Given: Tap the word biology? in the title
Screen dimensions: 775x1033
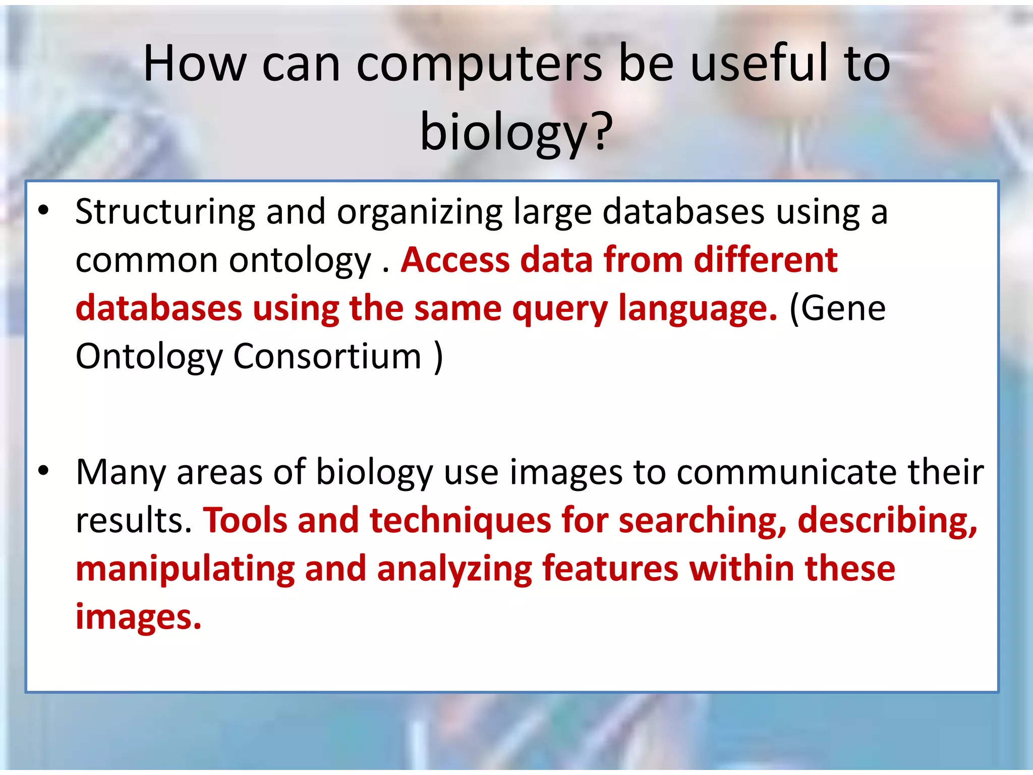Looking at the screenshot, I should point(516,132).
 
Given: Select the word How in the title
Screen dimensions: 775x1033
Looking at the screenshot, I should point(195,64).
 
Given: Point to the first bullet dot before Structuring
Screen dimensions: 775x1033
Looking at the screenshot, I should point(44,210).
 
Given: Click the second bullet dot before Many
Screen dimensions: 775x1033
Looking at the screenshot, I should point(44,471).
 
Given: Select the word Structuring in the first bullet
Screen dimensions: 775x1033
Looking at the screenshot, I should point(165,212).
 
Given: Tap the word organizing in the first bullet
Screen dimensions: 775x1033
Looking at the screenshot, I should point(420,212).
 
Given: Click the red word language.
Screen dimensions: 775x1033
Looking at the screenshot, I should point(698,309).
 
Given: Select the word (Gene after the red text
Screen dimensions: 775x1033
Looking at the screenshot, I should point(837,309).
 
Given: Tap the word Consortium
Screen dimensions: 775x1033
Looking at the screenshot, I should point(327,356).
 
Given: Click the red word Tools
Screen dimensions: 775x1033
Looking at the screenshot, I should point(244,520).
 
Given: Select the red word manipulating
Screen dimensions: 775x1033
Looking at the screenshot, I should point(185,570).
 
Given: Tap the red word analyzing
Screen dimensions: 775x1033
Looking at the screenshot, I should point(454,570).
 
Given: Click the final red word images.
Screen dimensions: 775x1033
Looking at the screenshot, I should point(138,617).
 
